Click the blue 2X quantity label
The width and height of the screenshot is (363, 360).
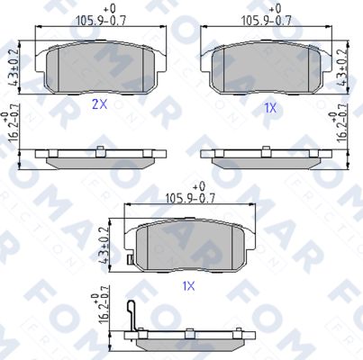click(99, 104)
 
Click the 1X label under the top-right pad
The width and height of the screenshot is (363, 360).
click(270, 108)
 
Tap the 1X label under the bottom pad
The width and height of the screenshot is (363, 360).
click(189, 286)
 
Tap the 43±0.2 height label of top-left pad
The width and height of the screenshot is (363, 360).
click(14, 67)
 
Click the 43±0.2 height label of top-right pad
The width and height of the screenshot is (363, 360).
click(342, 67)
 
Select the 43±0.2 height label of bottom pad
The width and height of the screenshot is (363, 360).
click(104, 245)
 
